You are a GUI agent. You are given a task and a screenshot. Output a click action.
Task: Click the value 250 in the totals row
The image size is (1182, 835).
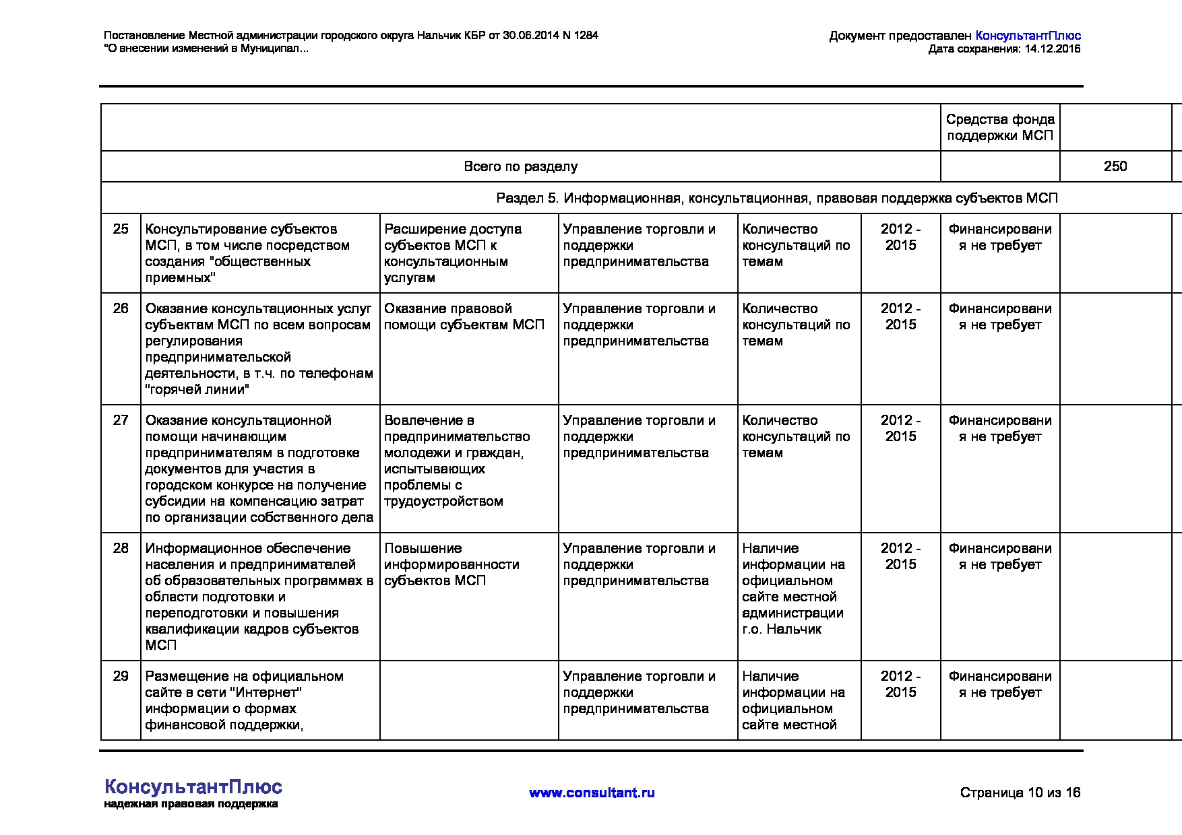point(1115,166)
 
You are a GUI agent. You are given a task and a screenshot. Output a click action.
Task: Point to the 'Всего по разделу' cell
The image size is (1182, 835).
point(520,166)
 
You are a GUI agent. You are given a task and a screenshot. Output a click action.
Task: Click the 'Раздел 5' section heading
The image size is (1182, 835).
point(776,198)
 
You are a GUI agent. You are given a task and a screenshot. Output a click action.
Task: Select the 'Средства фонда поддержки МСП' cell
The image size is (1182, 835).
point(1000,127)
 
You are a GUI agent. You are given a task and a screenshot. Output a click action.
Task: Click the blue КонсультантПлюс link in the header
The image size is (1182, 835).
point(1028,36)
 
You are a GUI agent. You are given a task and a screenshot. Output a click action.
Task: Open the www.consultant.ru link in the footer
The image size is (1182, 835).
point(592,793)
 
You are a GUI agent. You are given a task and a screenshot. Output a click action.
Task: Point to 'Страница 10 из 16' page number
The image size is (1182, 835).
point(1020,793)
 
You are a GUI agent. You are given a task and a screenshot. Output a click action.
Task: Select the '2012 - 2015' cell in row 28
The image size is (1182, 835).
point(900,557)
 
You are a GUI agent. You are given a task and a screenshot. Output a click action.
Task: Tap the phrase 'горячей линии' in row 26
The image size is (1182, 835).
point(197,390)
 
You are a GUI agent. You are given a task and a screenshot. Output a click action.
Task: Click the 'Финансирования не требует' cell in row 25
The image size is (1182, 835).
point(1000,238)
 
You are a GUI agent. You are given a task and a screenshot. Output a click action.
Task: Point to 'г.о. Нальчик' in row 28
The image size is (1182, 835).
point(782,630)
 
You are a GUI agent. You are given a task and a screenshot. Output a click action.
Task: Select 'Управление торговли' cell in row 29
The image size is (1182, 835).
point(639,693)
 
